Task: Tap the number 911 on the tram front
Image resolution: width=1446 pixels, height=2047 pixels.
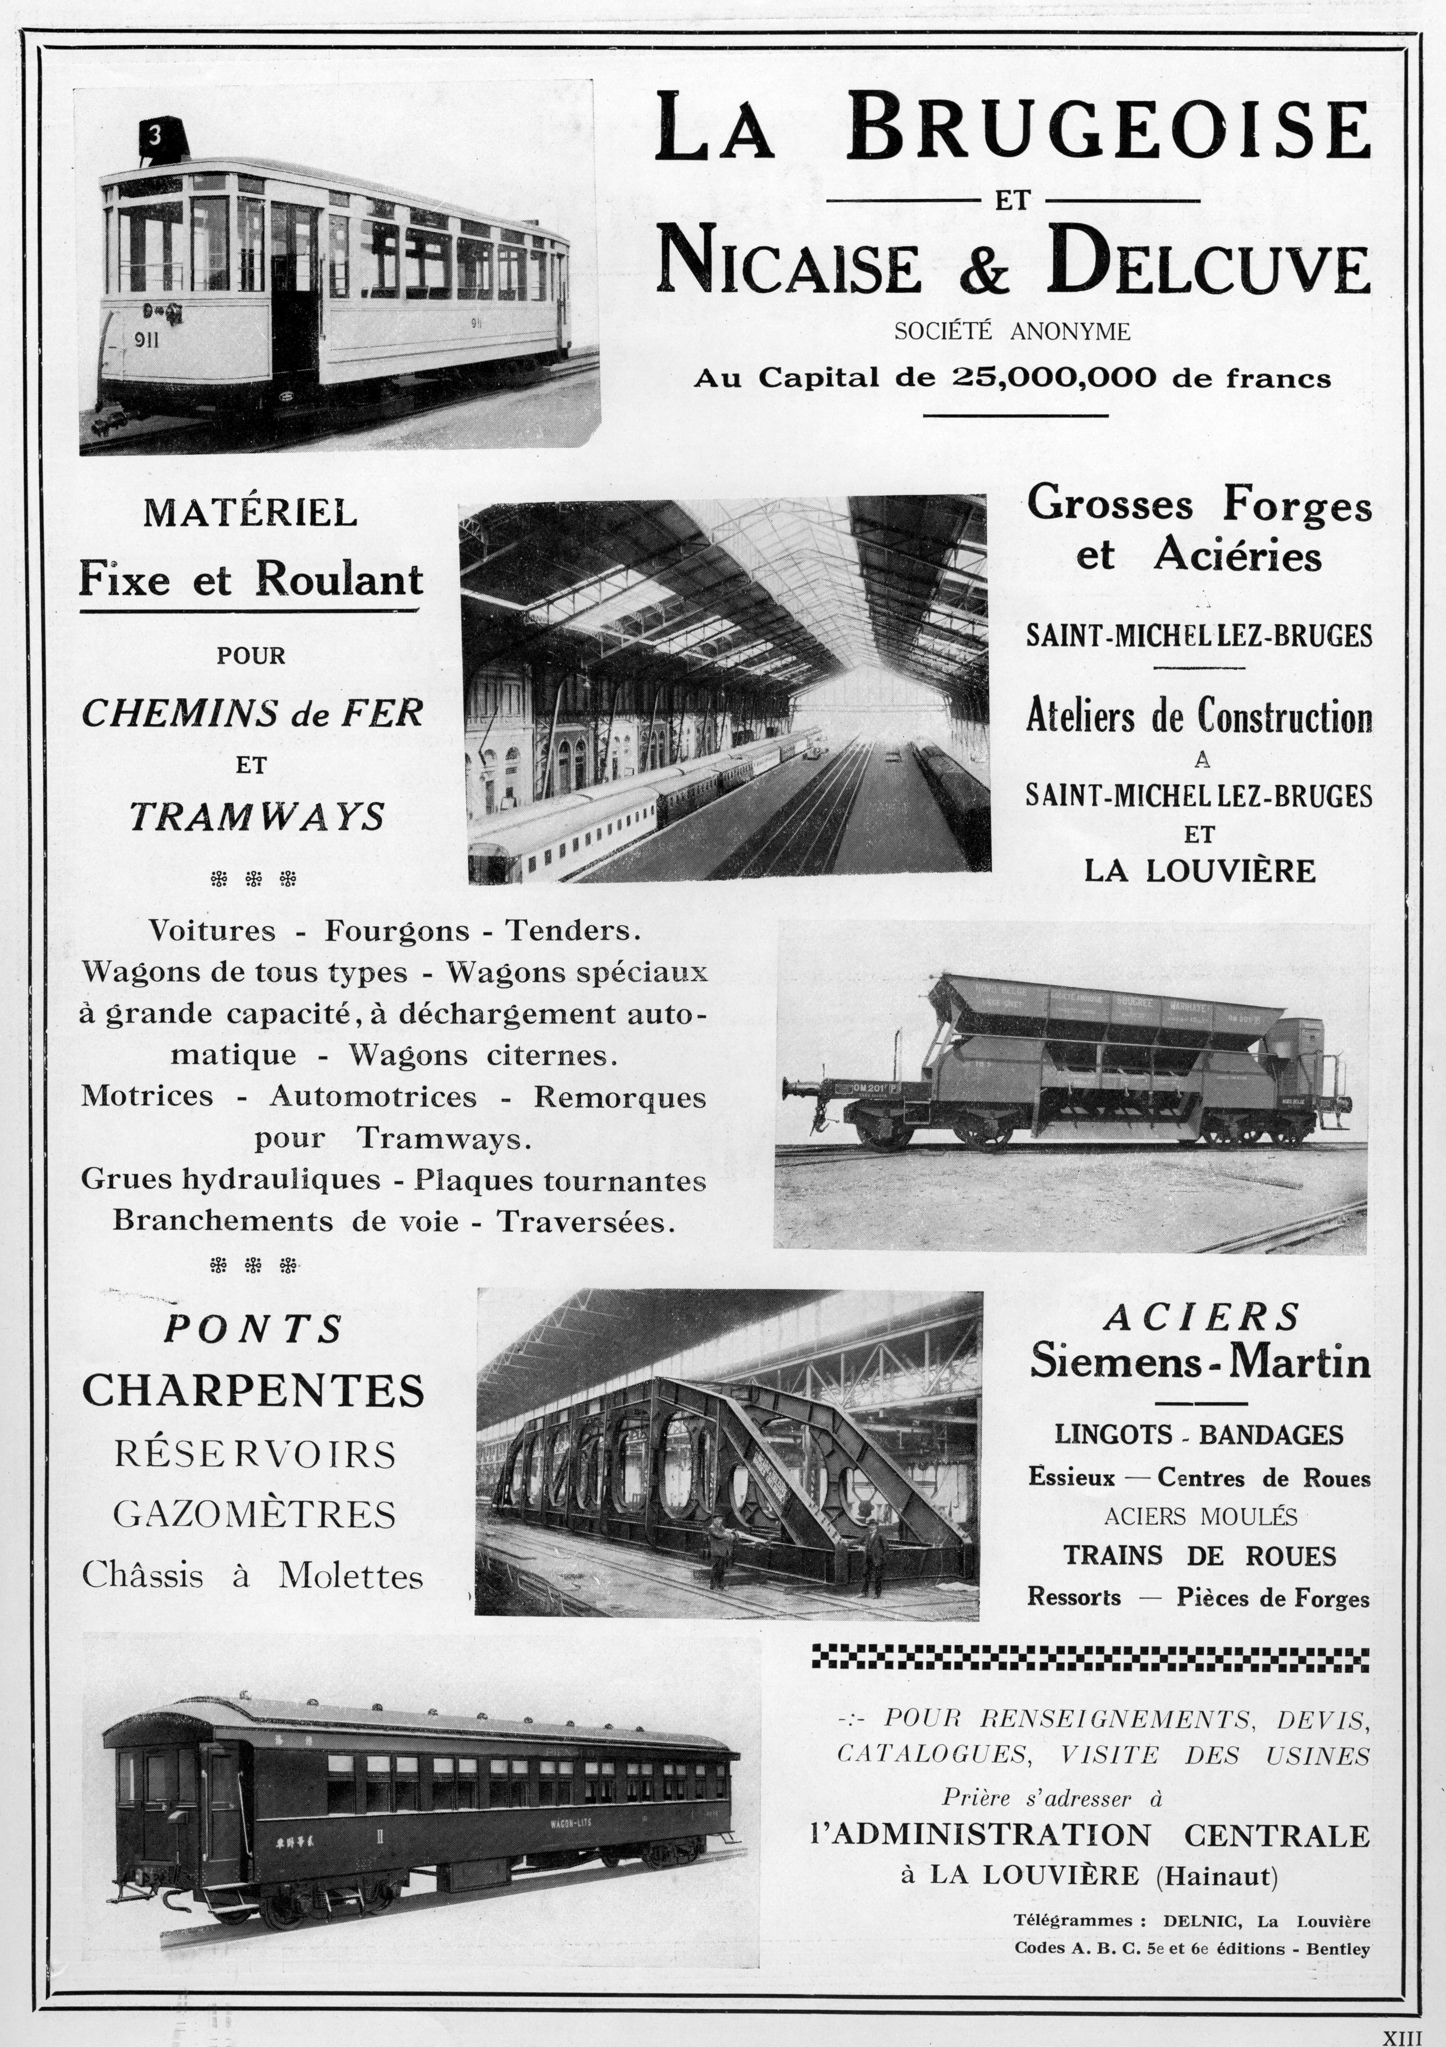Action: pyautogui.click(x=146, y=340)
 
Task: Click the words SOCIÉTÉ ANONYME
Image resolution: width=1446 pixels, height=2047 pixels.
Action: pyautogui.click(x=1012, y=332)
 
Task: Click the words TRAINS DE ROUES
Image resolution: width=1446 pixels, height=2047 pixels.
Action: pyautogui.click(x=1199, y=1556)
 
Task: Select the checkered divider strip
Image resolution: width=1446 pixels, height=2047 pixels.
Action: pyautogui.click(x=1090, y=1658)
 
